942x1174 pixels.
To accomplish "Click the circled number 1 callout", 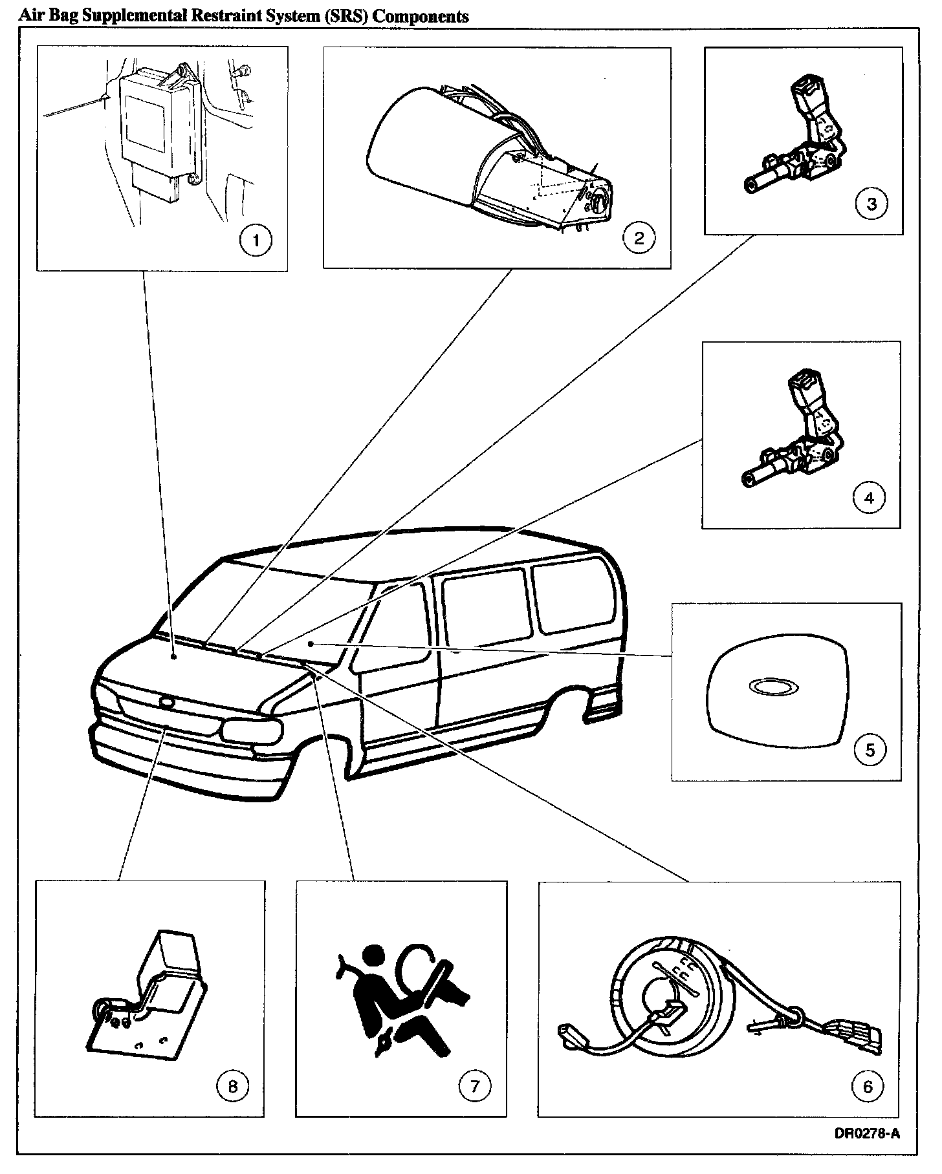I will pyautogui.click(x=256, y=241).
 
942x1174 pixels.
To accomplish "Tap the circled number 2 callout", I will pyautogui.click(x=639, y=239).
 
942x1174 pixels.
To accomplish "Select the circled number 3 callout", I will pyautogui.click(x=871, y=204).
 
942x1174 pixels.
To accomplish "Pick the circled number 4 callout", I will pyautogui.click(x=869, y=498).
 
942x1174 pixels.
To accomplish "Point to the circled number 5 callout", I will pyautogui.click(x=870, y=750).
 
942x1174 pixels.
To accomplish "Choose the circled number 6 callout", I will pyautogui.click(x=868, y=1087).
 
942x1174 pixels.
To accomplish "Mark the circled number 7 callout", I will pyautogui.click(x=475, y=1087).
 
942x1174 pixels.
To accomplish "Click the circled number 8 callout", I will pyautogui.click(x=232, y=1087).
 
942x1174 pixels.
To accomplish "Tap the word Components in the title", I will pyautogui.click(x=421, y=16).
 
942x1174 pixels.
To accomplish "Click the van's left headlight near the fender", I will pyautogui.click(x=252, y=731).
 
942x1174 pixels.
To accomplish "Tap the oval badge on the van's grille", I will pyautogui.click(x=166, y=702).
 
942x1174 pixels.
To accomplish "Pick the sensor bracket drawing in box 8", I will pyautogui.click(x=149, y=1002).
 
